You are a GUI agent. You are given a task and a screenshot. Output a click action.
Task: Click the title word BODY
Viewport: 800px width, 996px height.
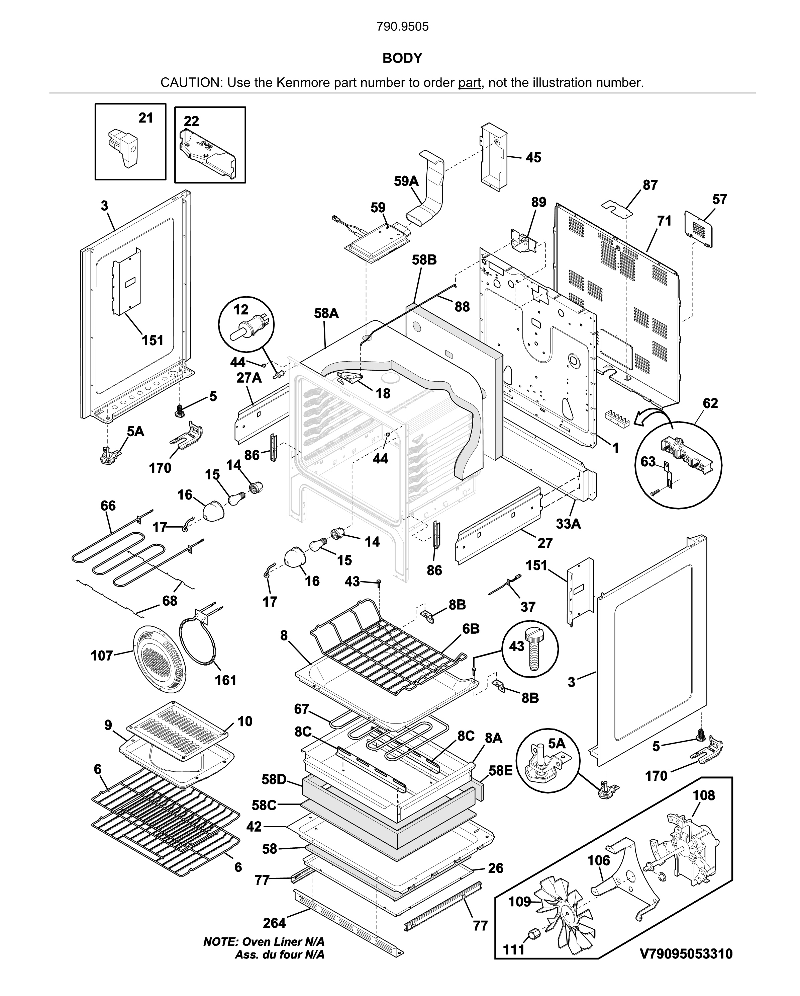tap(402, 58)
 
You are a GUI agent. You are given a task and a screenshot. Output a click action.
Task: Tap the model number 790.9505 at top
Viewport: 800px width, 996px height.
tap(403, 27)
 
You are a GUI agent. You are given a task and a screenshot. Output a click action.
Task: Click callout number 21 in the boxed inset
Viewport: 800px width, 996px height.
tap(145, 118)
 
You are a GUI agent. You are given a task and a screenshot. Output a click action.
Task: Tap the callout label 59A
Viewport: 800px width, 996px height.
tap(406, 181)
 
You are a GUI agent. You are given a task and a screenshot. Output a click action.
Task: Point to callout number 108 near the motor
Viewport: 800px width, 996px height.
tap(704, 795)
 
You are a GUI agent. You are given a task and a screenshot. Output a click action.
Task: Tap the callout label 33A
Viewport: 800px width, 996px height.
tap(568, 524)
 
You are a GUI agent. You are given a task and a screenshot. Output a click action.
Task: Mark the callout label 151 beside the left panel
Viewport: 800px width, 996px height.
tap(153, 340)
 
